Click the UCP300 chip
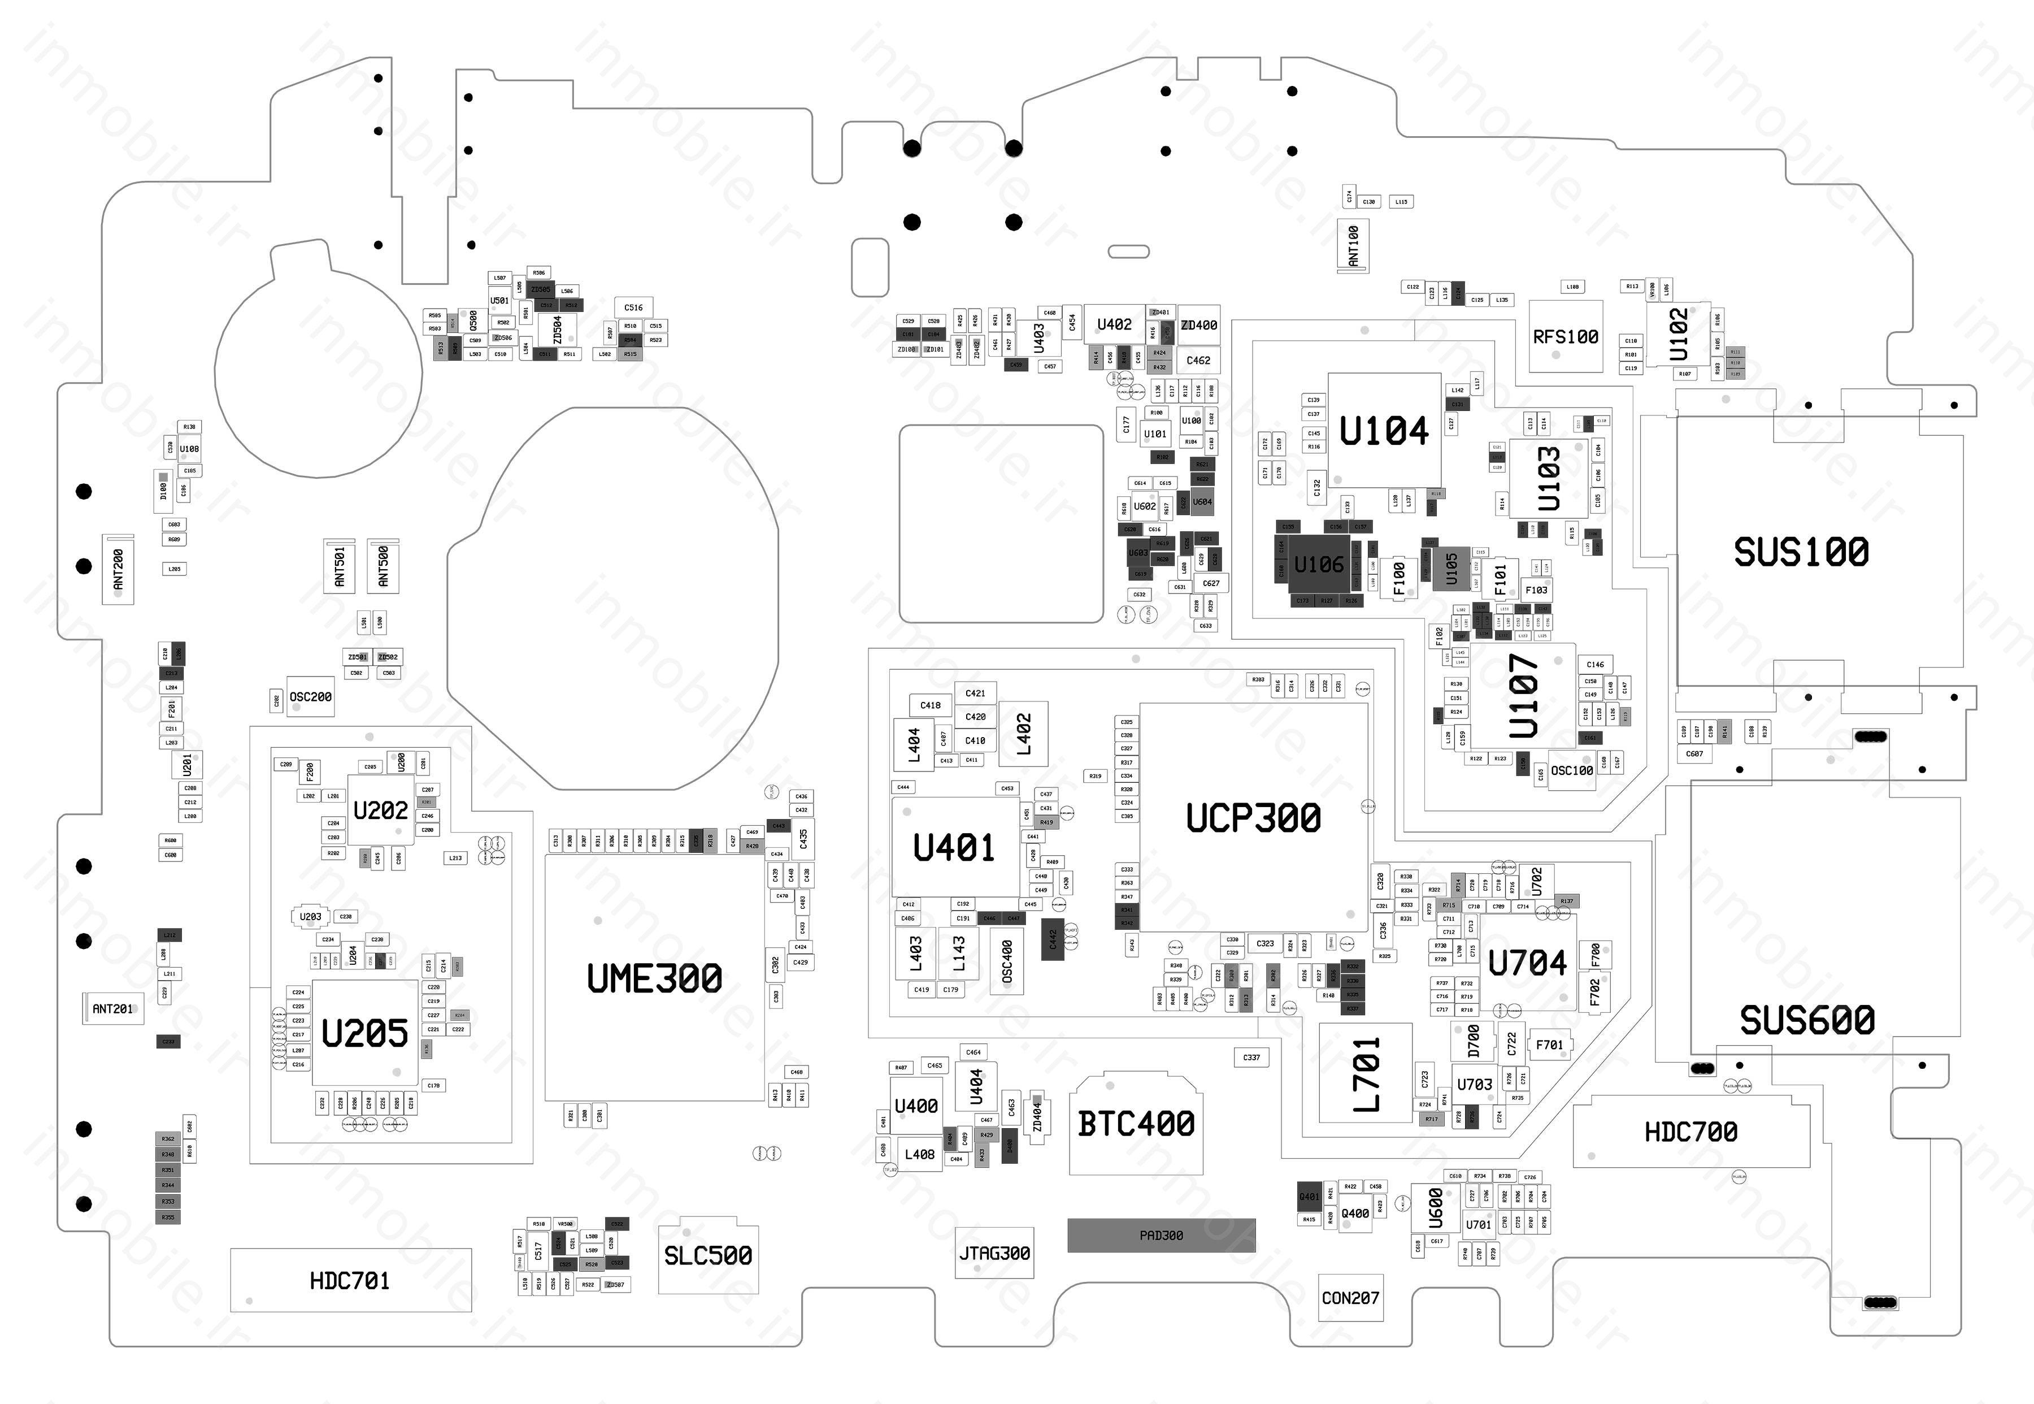tap(1253, 817)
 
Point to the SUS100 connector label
tap(1801, 552)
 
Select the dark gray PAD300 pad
tap(1161, 1235)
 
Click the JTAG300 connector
tap(994, 1253)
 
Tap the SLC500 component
tap(708, 1255)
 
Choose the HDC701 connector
tap(350, 1281)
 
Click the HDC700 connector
tap(1690, 1132)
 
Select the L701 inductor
tap(1366, 1073)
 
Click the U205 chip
tap(365, 1033)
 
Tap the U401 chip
tap(954, 847)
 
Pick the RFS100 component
tap(1565, 336)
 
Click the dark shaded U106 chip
tap(1318, 564)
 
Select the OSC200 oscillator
tap(310, 697)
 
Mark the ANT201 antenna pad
tap(112, 1009)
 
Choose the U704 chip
tap(1528, 963)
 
